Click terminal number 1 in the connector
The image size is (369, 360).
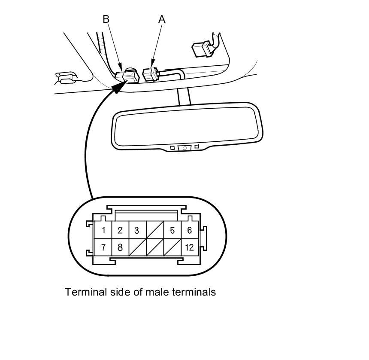coord(103,230)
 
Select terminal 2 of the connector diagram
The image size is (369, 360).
coord(120,230)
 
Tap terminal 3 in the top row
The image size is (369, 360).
coord(137,230)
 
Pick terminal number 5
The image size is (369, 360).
coord(172,230)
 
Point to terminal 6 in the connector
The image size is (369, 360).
coord(189,230)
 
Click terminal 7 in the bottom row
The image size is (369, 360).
coord(103,247)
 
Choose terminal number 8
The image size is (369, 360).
coord(120,247)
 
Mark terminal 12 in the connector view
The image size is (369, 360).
coord(189,247)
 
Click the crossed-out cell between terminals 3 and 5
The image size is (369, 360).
coord(154,230)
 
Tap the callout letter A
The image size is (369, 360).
coord(162,19)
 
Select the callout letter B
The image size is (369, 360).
coord(106,19)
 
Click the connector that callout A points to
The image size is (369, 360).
coord(151,74)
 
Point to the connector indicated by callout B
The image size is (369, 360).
coord(129,76)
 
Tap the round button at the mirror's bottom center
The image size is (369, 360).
coord(184,148)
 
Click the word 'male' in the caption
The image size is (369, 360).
coord(157,292)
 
